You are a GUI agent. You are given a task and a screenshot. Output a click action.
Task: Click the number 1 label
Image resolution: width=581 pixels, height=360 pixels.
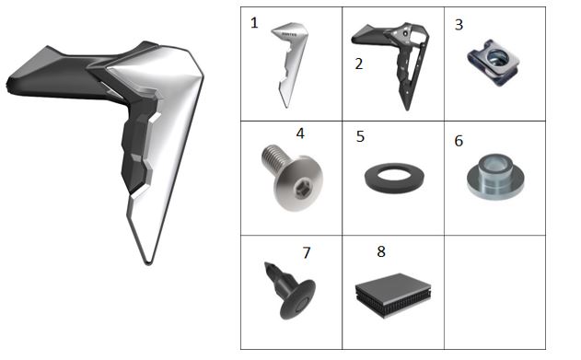pos(254,23)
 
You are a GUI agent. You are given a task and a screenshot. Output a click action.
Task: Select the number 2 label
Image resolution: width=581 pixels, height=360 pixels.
pos(358,64)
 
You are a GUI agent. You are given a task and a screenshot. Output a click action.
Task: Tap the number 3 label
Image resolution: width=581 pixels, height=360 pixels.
pos(459,25)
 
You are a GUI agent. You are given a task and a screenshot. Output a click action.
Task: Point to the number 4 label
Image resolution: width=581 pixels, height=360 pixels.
pos(300,134)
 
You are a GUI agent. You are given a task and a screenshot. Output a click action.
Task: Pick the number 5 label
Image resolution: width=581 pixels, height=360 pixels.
pos(360,136)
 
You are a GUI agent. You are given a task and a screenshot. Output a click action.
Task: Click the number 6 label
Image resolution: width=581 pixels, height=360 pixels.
pos(459,141)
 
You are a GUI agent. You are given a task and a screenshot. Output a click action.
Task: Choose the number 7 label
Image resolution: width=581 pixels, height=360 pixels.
pos(306,253)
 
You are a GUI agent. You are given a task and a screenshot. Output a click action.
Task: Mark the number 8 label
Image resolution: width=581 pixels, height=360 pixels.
pos(381,251)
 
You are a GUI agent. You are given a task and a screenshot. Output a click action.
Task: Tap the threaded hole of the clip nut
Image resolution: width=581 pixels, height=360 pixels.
pos(494,56)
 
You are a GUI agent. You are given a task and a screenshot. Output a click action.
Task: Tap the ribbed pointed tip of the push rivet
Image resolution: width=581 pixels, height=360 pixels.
pos(275,274)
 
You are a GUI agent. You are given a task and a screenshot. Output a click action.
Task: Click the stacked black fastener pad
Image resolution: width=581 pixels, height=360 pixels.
pos(393,296)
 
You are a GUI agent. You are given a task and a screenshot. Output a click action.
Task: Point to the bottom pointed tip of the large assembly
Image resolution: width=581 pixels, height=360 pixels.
pos(148,263)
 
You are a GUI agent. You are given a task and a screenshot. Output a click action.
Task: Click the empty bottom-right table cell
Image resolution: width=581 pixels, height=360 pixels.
pos(494,292)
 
